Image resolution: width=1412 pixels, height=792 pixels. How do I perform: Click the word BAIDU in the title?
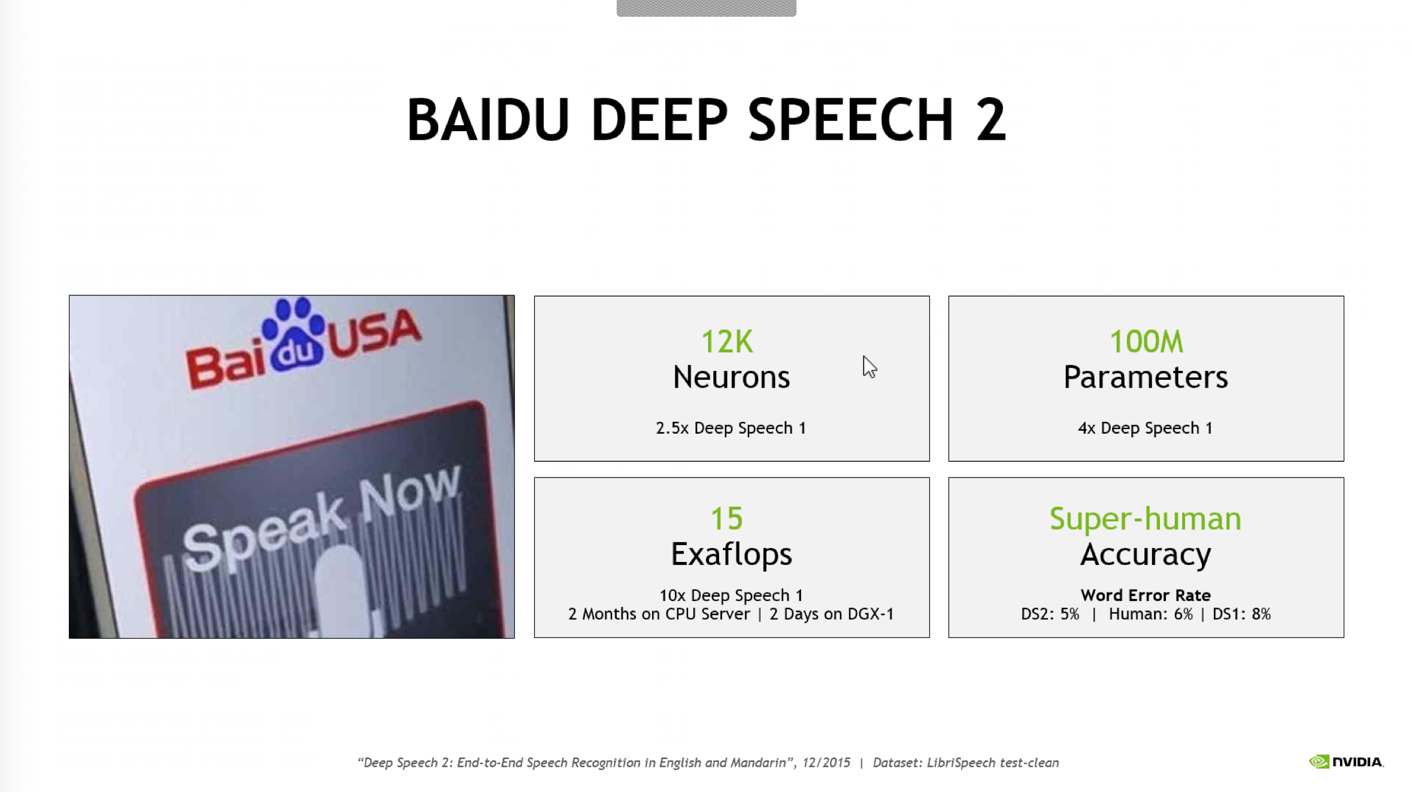pyautogui.click(x=487, y=120)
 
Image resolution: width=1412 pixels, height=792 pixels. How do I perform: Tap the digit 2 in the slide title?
pyautogui.click(x=991, y=120)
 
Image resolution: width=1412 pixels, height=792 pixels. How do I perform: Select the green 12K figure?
pyautogui.click(x=727, y=341)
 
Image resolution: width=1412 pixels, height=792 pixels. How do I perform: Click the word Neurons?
pyautogui.click(x=731, y=377)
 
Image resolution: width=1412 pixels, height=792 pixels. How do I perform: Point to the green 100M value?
pyautogui.click(x=1146, y=341)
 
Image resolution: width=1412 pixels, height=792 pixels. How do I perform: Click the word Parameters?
pyautogui.click(x=1146, y=377)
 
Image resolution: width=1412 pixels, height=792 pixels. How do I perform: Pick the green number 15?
pyautogui.click(x=726, y=519)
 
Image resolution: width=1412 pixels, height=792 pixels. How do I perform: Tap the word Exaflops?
pyautogui.click(x=731, y=554)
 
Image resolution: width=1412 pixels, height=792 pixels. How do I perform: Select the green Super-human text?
pyautogui.click(x=1146, y=519)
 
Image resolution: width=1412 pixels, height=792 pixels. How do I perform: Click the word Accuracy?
pyautogui.click(x=1146, y=555)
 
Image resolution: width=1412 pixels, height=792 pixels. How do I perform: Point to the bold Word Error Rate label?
pyautogui.click(x=1146, y=595)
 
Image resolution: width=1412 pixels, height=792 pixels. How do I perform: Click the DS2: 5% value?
pyautogui.click(x=1050, y=614)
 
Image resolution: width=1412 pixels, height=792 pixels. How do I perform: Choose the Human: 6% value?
pyautogui.click(x=1150, y=614)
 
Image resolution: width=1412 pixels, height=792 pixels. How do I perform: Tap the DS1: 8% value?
pyautogui.click(x=1241, y=614)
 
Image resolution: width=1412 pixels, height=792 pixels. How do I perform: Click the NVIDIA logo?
pyautogui.click(x=1346, y=761)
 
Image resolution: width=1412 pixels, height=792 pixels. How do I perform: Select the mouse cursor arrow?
pyautogui.click(x=869, y=366)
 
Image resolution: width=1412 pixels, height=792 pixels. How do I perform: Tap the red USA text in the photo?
pyautogui.click(x=375, y=333)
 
